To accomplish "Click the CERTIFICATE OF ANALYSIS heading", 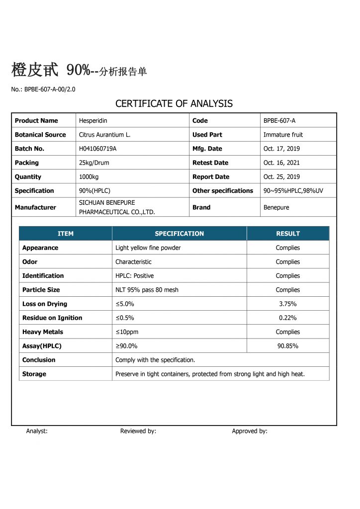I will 174,104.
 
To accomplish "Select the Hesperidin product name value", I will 93,121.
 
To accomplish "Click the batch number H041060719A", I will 97,149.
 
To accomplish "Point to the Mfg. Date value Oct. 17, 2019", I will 281,149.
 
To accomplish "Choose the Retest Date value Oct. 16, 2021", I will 281,163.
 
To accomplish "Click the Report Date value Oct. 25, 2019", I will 281,176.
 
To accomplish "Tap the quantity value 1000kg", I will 89,176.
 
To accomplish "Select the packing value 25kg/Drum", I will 94,163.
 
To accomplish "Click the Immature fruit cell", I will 283,135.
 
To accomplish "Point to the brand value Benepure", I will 276,207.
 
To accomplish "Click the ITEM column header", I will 66,234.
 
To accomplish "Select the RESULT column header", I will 288,234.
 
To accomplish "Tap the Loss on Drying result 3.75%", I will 288,304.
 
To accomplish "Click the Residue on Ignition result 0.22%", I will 288,318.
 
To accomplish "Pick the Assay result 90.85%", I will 288,346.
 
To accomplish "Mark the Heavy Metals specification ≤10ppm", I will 126,332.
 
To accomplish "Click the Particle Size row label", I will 41,290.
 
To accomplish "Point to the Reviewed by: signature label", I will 138,431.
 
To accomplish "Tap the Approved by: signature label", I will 250,431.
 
